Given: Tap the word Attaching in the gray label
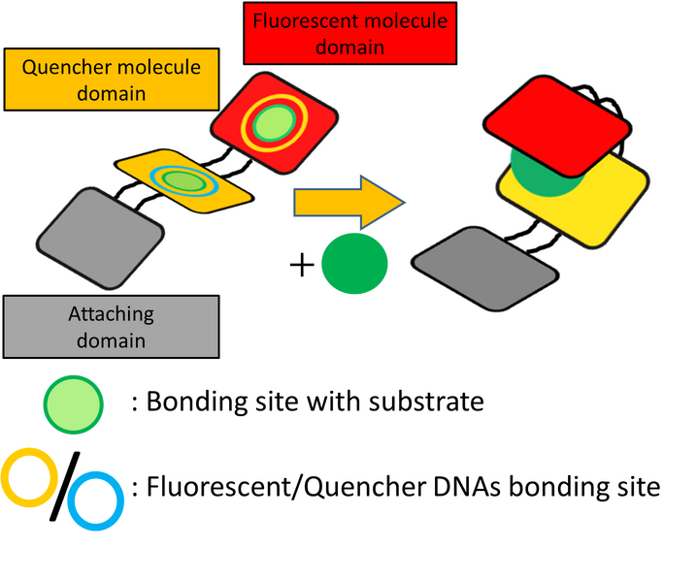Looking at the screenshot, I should (x=111, y=314).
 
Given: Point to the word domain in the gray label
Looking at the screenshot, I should (x=111, y=340).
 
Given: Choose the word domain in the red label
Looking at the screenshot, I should (x=350, y=46).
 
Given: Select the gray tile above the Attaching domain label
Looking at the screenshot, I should (x=99, y=237).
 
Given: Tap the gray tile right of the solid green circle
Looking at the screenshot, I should (x=484, y=269).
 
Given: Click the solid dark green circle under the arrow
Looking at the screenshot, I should (x=355, y=263).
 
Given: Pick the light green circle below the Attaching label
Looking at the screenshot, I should (x=73, y=403).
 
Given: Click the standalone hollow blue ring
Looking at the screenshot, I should (x=96, y=501).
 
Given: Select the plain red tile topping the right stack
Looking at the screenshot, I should (x=556, y=121).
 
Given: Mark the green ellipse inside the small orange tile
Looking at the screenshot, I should (x=181, y=180).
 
